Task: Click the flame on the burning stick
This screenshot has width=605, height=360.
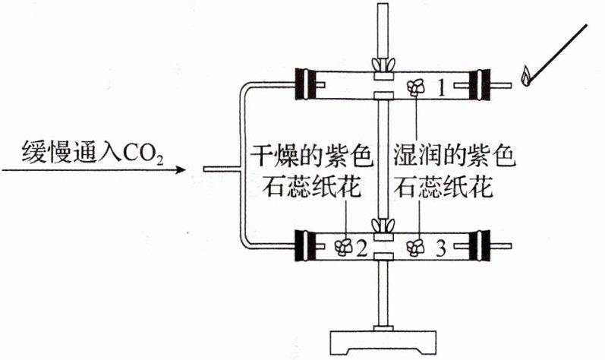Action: (525, 75)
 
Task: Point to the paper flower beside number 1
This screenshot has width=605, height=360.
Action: (417, 87)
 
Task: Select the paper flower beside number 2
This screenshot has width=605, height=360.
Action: (343, 246)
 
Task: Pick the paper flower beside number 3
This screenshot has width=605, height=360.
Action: (416, 245)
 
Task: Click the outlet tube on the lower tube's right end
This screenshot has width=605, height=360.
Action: (504, 245)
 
